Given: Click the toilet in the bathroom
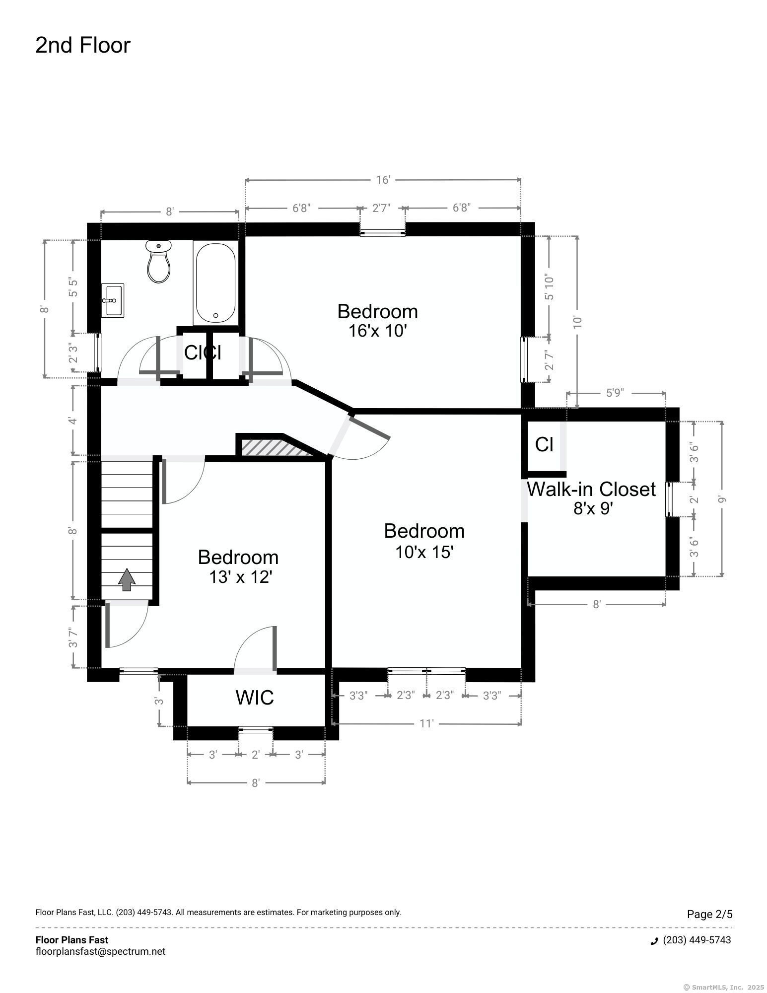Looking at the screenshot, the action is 159,261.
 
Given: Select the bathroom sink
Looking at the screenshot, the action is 113,300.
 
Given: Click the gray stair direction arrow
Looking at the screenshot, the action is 127,579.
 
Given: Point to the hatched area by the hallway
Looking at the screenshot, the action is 276,447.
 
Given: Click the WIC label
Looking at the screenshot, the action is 255,698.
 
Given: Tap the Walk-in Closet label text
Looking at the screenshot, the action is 591,490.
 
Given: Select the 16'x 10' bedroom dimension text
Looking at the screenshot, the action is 378,331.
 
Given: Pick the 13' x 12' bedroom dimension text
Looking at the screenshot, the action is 240,577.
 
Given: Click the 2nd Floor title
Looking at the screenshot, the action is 83,45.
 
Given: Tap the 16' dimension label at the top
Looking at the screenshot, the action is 383,180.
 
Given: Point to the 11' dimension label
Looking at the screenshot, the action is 426,723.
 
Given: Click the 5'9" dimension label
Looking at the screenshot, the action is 615,393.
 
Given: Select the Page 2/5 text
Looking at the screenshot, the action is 709,914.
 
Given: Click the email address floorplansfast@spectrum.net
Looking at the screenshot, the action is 100,951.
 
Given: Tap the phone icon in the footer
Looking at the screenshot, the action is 654,940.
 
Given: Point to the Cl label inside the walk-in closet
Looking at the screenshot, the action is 544,444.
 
